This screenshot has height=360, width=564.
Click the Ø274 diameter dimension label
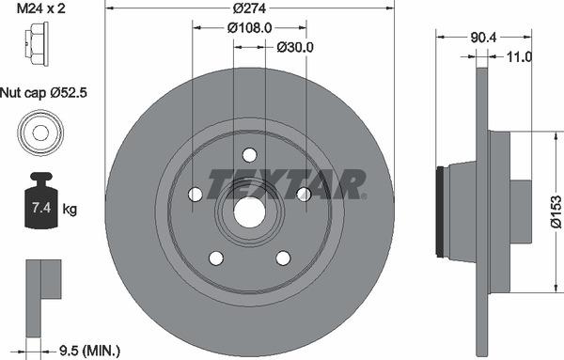click(249, 8)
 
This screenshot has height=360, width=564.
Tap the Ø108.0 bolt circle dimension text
click(250, 27)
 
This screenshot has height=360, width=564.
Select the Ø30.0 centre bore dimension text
click(295, 47)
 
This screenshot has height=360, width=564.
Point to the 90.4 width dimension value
click(483, 37)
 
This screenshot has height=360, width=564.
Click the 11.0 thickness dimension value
click(519, 56)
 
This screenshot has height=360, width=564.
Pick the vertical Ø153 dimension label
click(556, 211)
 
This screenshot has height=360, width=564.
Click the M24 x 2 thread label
click(41, 8)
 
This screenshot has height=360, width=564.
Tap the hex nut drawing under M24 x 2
click(37, 44)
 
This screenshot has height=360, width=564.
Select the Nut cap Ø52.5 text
click(43, 93)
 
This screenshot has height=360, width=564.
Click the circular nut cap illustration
click(40, 133)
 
